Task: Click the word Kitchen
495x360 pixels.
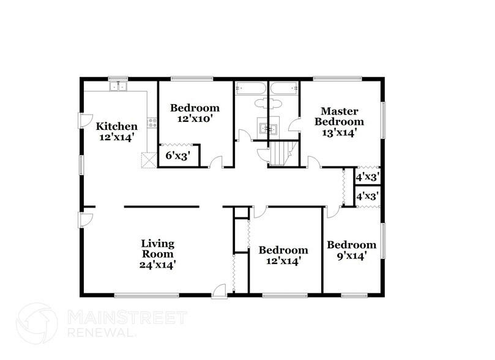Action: pos(116,127)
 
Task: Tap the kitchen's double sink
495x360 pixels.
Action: pos(117,87)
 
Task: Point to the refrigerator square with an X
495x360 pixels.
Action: pos(147,160)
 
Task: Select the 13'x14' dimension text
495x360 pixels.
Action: pos(335,132)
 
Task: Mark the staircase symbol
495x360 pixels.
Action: pos(281,152)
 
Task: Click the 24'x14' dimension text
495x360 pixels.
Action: pos(158,265)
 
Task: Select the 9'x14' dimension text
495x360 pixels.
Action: pos(351,257)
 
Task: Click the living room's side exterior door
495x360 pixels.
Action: pos(86,219)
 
